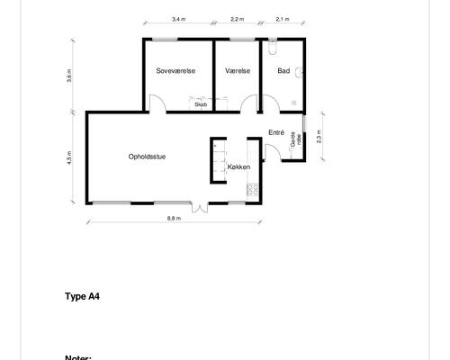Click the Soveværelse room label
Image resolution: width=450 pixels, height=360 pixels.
point(175,71)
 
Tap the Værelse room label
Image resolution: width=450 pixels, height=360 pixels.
point(238,71)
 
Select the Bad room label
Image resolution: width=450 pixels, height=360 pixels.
point(283,71)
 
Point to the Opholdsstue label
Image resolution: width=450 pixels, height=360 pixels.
point(147,157)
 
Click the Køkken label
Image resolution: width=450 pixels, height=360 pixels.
point(238,166)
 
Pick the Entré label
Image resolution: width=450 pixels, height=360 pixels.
point(276,132)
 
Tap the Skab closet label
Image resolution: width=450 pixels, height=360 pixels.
point(201,104)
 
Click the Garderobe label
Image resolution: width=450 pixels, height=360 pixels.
point(295,139)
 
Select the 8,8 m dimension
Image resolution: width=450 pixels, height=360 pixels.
point(174,219)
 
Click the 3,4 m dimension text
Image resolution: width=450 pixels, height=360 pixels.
point(178,19)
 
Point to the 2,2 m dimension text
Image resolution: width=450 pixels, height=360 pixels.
point(238,19)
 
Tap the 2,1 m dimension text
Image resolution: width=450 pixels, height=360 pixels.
point(283,19)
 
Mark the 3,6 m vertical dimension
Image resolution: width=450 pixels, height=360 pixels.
point(69,76)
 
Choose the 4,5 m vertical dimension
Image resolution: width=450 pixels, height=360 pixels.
point(69,157)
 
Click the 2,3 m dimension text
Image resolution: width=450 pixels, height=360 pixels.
point(319,137)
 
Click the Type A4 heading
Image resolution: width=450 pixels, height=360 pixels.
point(82,296)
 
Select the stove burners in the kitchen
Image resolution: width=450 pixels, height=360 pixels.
point(253,190)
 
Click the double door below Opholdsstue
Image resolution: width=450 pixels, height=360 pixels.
point(200,208)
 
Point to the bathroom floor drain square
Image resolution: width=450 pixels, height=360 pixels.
point(294,103)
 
